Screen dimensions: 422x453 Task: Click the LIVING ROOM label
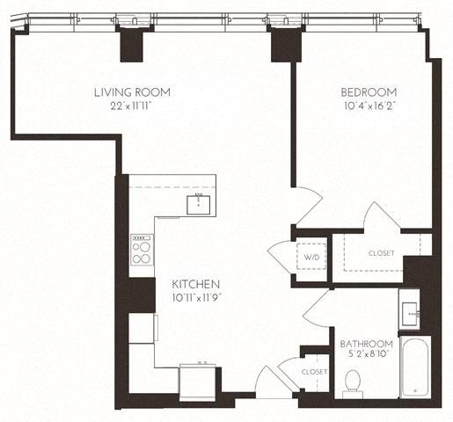pyautogui.click(x=133, y=91)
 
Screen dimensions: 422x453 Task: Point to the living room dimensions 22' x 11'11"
pyautogui.click(x=133, y=105)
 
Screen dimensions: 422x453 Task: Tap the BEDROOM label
pyautogui.click(x=368, y=91)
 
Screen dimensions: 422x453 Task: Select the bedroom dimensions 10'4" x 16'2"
pyautogui.click(x=368, y=105)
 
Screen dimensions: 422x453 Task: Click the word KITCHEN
pyautogui.click(x=195, y=284)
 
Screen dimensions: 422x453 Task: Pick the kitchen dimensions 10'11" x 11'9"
pyautogui.click(x=195, y=298)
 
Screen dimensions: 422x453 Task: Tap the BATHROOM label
pyautogui.click(x=366, y=343)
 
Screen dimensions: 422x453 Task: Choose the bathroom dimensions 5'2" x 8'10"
pyautogui.click(x=366, y=356)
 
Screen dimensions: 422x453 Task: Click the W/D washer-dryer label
pyautogui.click(x=311, y=258)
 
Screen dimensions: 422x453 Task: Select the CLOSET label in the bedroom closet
pyautogui.click(x=382, y=253)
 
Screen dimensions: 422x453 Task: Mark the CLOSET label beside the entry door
pyautogui.click(x=314, y=372)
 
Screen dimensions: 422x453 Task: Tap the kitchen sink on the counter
pyautogui.click(x=201, y=204)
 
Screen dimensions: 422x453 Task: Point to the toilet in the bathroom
pyautogui.click(x=354, y=380)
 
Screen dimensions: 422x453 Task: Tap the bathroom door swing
pyautogui.click(x=317, y=305)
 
